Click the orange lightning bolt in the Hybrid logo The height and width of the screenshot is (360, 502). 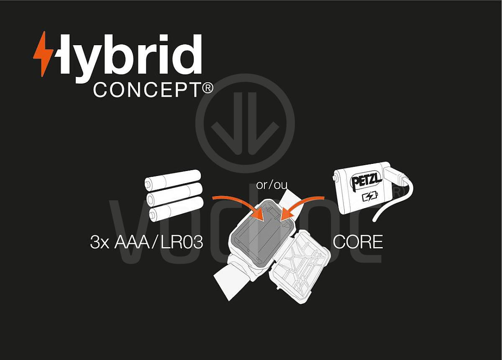tap(43, 54)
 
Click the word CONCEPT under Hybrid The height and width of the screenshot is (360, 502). tap(147, 90)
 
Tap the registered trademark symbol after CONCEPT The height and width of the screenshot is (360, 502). tap(208, 87)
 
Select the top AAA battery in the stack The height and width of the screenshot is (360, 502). tap(172, 180)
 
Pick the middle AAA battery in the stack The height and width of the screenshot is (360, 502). tap(174, 194)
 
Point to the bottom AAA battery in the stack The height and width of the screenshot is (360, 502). tap(177, 209)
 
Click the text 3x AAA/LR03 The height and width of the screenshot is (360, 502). tap(146, 242)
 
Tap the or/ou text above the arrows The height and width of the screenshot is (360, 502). tap(271, 185)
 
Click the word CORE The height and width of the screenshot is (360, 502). tap(358, 242)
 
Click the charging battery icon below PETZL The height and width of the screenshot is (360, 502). tap(370, 197)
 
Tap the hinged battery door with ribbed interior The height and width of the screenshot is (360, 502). tap(302, 267)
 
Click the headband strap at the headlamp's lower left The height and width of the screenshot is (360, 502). tap(233, 280)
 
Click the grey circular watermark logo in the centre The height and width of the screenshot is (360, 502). tap(245, 123)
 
